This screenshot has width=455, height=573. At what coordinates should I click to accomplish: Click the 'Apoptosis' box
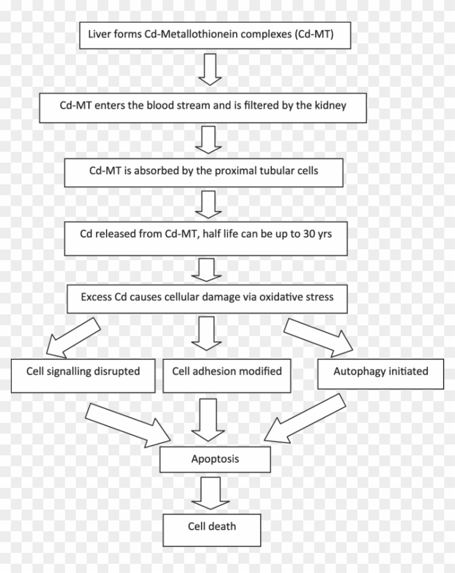[215, 460]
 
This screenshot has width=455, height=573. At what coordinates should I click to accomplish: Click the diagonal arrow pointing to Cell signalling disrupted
[73, 336]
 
